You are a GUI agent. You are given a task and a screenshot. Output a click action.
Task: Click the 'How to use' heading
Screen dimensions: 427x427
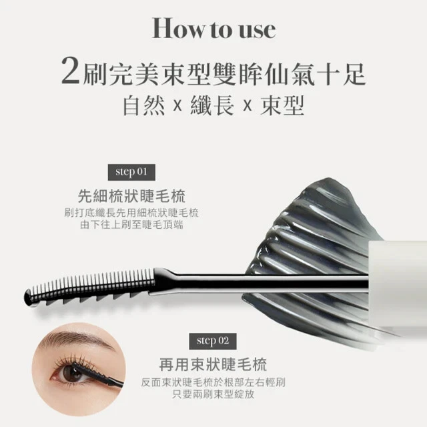pyautogui.click(x=213, y=29)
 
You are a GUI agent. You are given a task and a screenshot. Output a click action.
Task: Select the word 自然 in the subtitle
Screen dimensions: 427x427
pyautogui.click(x=146, y=107)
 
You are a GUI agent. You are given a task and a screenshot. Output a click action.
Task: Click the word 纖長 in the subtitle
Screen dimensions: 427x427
pyautogui.click(x=213, y=107)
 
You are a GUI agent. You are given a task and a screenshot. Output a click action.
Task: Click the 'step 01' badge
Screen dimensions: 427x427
pyautogui.click(x=131, y=171)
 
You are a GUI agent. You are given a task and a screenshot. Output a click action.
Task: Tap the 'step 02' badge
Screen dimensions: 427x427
pyautogui.click(x=213, y=341)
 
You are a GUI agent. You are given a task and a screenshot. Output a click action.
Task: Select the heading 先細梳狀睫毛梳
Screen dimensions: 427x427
pyautogui.click(x=131, y=196)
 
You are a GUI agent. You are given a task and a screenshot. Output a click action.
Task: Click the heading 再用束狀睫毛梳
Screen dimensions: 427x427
pyautogui.click(x=213, y=364)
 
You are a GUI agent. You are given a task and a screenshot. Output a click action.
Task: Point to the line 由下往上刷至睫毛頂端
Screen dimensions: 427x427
pyautogui.click(x=131, y=225)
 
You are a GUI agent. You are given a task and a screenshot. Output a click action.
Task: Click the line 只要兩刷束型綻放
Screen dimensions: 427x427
pyautogui.click(x=213, y=394)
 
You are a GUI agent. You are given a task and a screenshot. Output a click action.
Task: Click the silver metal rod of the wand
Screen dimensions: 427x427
pyautogui.click(x=267, y=282)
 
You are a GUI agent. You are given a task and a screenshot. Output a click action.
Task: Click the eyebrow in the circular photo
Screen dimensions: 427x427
pyautogui.click(x=70, y=338)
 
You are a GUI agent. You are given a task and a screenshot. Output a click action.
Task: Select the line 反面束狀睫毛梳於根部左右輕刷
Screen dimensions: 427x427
pyautogui.click(x=213, y=382)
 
